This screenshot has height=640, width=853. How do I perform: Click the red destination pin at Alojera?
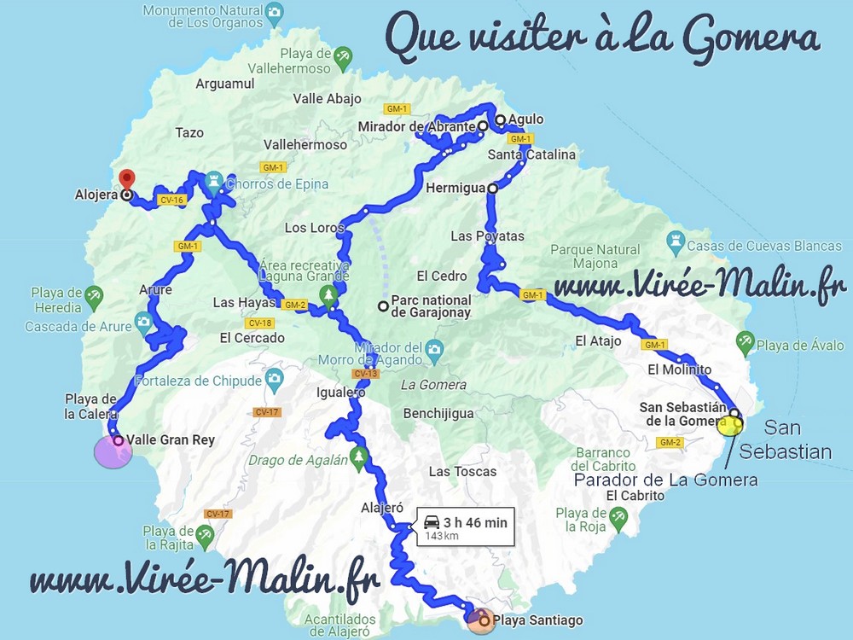(127, 178)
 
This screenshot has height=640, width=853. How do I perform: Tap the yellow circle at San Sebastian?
(730, 426)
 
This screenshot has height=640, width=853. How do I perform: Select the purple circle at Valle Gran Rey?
(113, 451)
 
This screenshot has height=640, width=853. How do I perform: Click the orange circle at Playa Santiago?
(479, 620)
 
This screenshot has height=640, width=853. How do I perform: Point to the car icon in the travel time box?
(432, 521)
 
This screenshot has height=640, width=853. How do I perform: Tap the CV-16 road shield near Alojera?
(171, 201)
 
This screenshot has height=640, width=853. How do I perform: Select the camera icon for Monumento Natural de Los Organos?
(274, 12)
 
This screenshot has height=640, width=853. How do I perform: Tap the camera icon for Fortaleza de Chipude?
(274, 377)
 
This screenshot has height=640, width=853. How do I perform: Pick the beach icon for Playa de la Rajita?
(204, 535)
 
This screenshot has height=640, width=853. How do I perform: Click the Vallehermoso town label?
(305, 145)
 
